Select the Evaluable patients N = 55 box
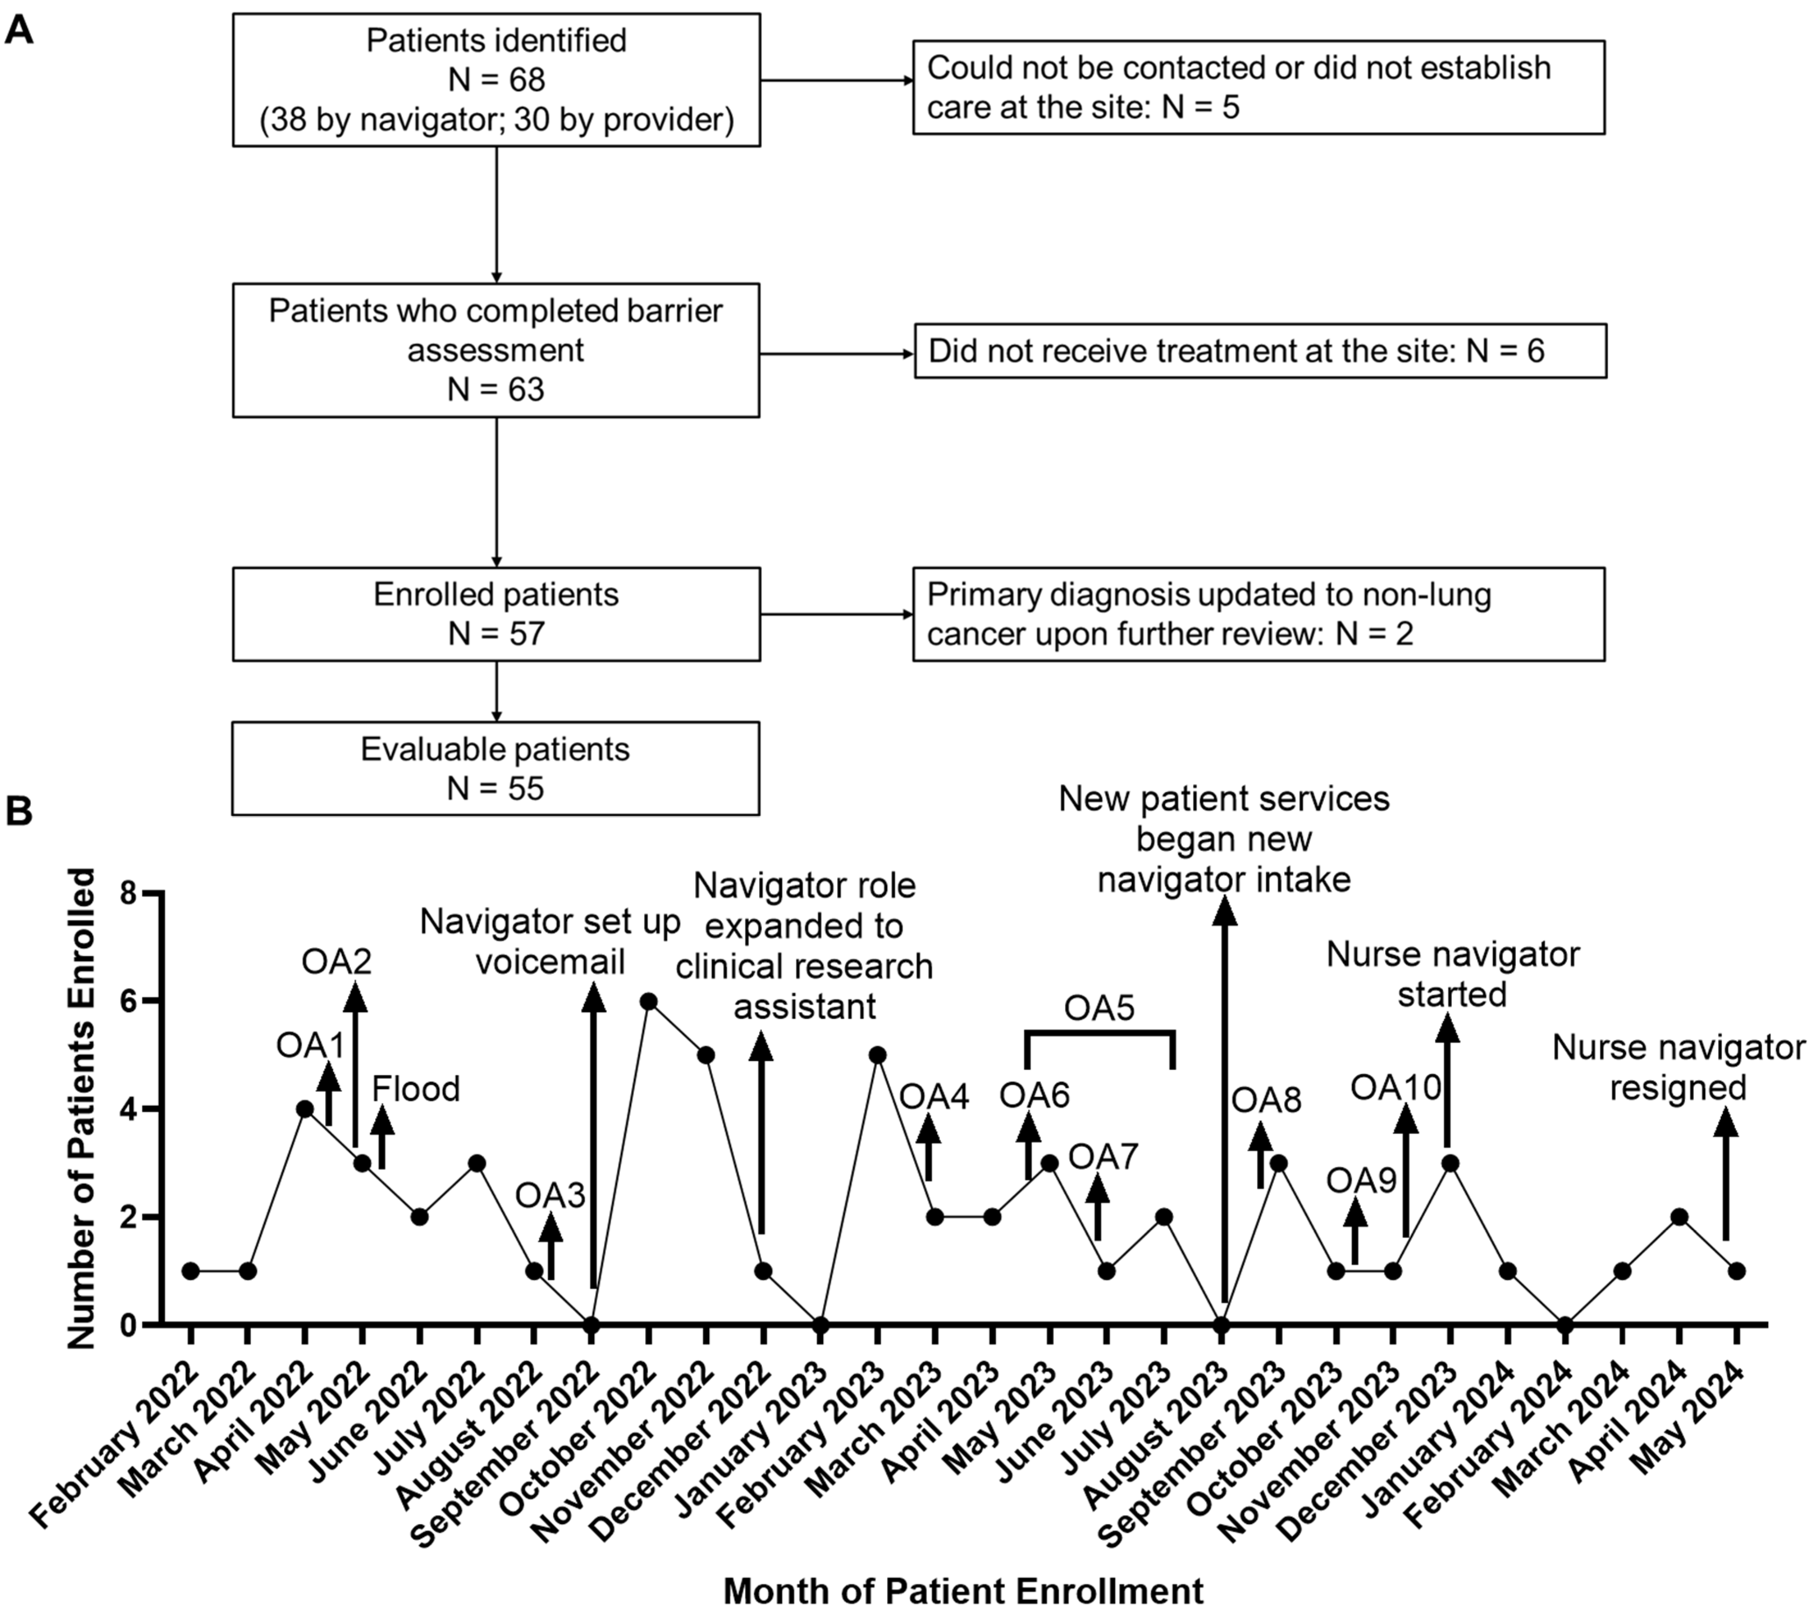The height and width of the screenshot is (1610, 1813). pos(496,768)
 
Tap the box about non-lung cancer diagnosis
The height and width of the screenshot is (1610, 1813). pos(1259,614)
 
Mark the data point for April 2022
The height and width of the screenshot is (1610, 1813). pos(305,1108)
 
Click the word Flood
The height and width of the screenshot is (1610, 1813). pos(416,1088)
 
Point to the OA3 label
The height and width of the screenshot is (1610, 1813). pos(551,1196)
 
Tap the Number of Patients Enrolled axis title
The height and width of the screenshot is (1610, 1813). pos(82,1108)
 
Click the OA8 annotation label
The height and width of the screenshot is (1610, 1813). pos(1267,1100)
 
